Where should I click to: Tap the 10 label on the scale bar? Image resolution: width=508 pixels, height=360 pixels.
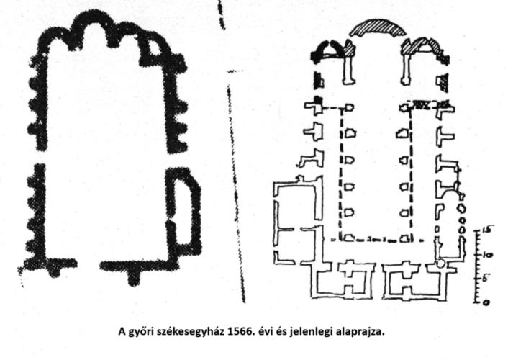pyautogui.click(x=487, y=255)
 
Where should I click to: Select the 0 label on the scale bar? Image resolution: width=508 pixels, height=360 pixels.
pyautogui.click(x=486, y=303)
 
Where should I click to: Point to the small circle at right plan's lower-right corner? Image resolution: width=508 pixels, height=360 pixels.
pyautogui.click(x=440, y=263)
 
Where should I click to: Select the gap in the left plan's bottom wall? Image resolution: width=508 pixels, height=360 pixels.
pyautogui.click(x=89, y=264)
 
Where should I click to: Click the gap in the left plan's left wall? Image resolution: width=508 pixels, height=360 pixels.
pyautogui.click(x=40, y=157)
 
